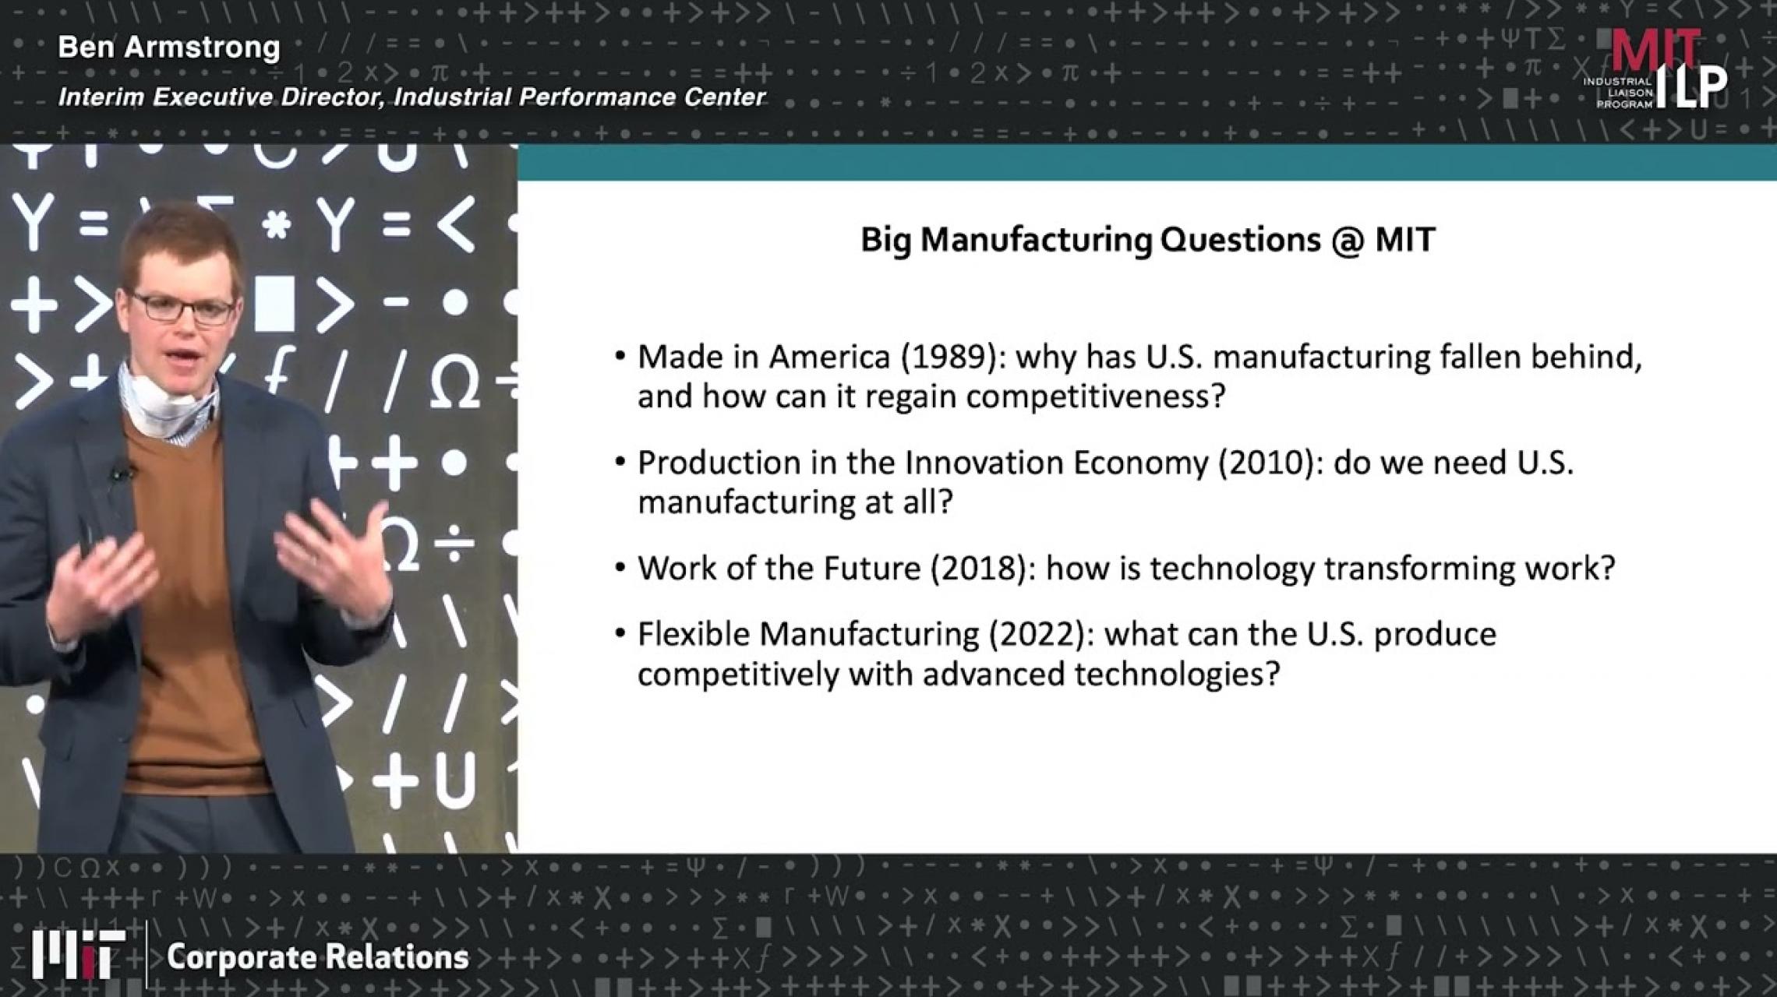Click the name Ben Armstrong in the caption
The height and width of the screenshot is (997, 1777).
(x=169, y=48)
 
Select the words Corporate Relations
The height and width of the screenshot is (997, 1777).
(x=318, y=957)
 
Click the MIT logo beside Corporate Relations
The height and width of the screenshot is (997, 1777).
(x=78, y=955)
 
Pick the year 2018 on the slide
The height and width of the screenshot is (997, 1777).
(x=978, y=569)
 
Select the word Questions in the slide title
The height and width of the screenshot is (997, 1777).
(x=1240, y=240)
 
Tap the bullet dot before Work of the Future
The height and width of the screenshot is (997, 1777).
(x=620, y=567)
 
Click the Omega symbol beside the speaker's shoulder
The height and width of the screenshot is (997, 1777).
(x=454, y=385)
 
